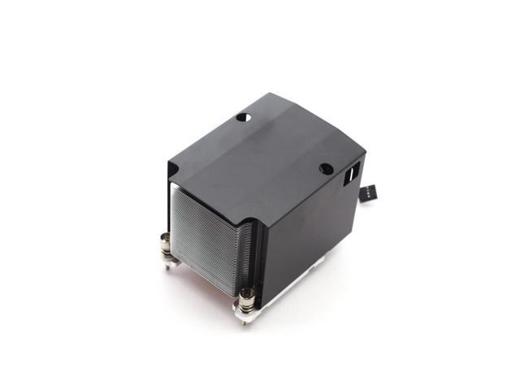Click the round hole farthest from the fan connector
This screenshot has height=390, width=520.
pyautogui.click(x=241, y=117)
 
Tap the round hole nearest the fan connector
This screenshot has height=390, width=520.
pyautogui.click(x=325, y=169)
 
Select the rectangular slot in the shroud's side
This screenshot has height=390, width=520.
pyautogui.click(x=355, y=174)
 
